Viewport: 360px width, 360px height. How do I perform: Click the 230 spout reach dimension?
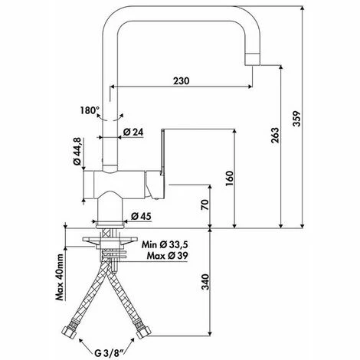pyautogui.click(x=182, y=81)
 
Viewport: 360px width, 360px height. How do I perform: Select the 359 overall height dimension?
pyautogui.click(x=296, y=119)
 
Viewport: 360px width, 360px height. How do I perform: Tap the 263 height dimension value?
pyautogui.click(x=275, y=135)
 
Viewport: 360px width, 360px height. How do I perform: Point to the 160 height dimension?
pyautogui.click(x=230, y=178)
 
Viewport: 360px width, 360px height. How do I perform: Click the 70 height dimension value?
pyautogui.click(x=205, y=205)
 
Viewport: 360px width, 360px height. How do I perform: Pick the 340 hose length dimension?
pyautogui.click(x=205, y=282)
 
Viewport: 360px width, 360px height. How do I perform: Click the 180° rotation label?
pyautogui.click(x=90, y=110)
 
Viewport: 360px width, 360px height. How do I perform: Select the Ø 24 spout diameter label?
pyautogui.click(x=133, y=132)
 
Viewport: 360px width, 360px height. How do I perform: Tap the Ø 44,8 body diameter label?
pyautogui.click(x=77, y=151)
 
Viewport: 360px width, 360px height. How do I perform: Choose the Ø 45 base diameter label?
pyautogui.click(x=141, y=216)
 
